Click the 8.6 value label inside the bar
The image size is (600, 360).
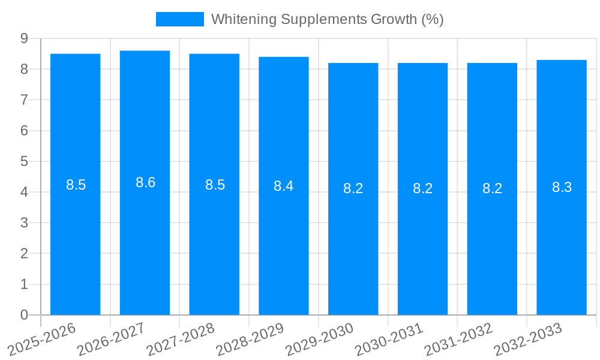point(145,182)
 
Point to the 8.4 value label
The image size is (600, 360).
point(283,186)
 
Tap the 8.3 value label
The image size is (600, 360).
point(562,187)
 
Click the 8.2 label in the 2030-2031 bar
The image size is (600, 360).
point(422,188)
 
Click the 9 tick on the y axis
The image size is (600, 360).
point(24,38)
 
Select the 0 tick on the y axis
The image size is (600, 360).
point(24,315)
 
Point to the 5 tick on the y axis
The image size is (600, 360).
point(24,161)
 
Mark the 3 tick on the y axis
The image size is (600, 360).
point(24,223)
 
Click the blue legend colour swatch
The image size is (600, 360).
point(179,19)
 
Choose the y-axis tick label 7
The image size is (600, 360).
point(24,100)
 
